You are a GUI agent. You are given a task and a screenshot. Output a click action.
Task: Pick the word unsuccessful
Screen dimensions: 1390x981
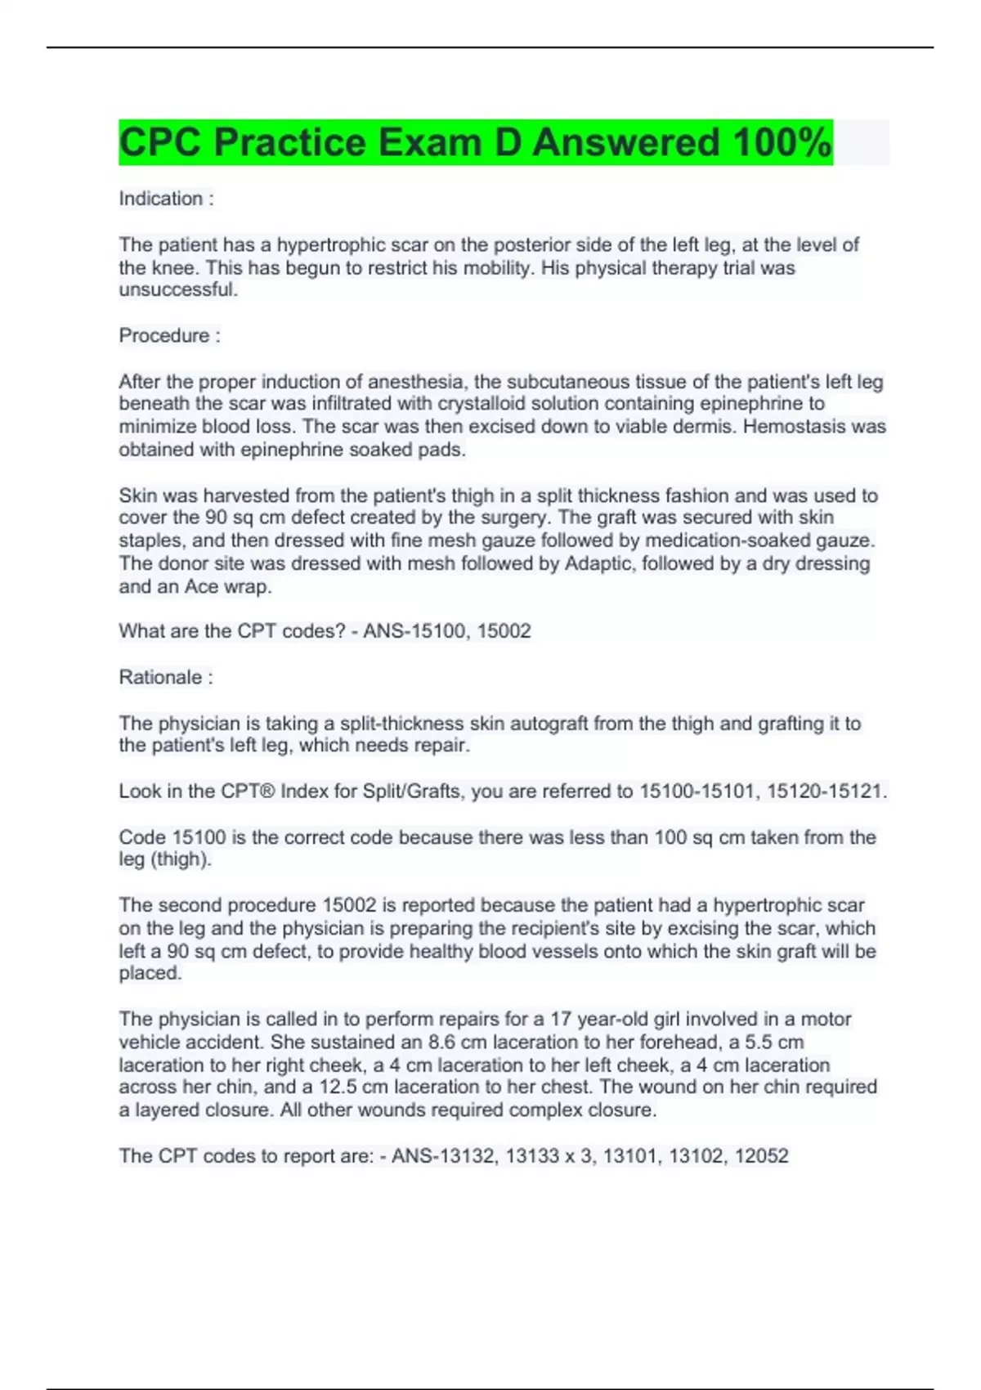click(x=178, y=289)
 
